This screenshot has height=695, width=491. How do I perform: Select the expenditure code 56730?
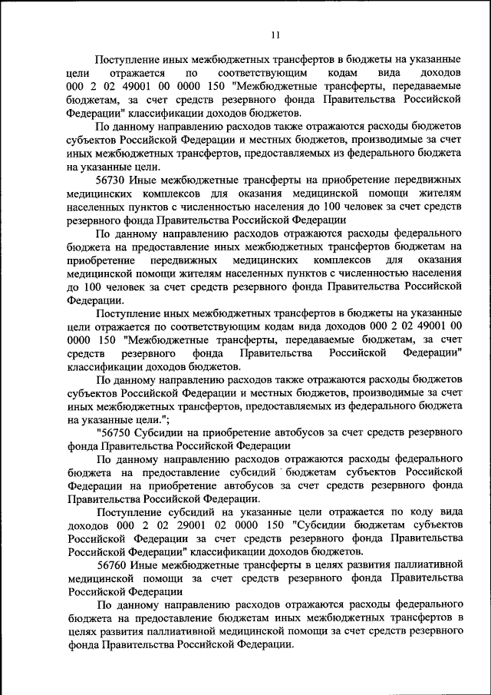click(110, 179)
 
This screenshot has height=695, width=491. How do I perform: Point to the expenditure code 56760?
click(110, 564)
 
